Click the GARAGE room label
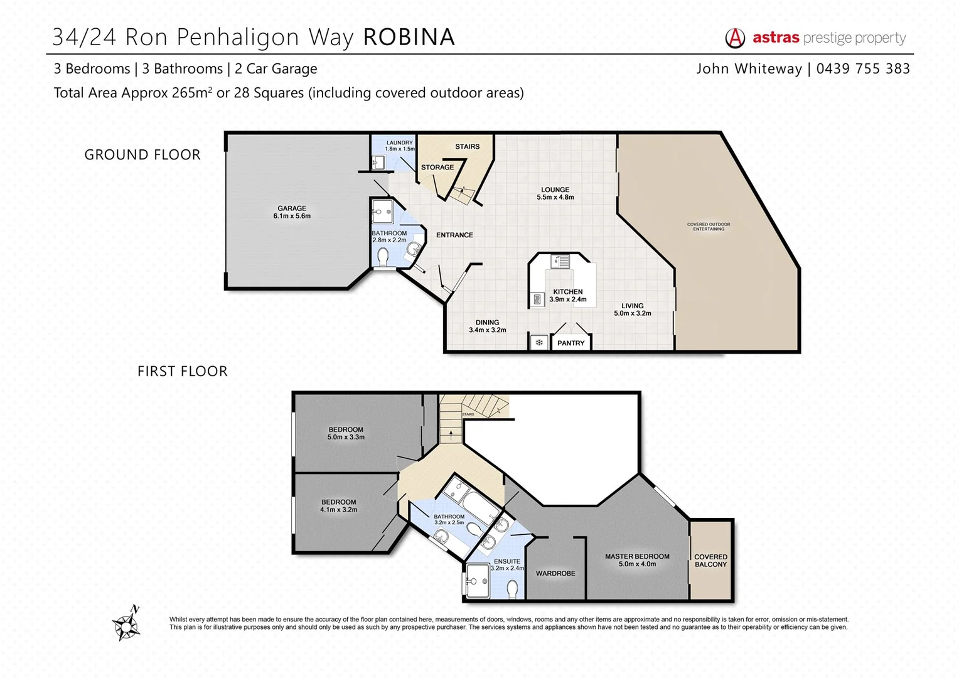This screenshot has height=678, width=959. click(x=292, y=212)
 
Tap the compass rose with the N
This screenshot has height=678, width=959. click(x=127, y=624)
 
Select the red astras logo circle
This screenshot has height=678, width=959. click(x=735, y=38)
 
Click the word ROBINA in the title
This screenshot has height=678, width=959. click(x=409, y=38)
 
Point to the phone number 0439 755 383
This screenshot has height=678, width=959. click(x=863, y=69)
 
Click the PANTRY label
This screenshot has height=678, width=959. click(x=571, y=343)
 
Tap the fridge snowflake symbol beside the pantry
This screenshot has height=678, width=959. click(x=538, y=343)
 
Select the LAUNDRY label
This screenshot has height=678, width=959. click(x=400, y=146)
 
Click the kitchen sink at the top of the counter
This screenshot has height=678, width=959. click(x=560, y=261)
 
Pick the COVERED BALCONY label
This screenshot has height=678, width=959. click(x=710, y=561)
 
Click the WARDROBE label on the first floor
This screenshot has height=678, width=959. click(x=555, y=573)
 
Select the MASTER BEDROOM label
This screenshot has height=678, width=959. click(x=637, y=560)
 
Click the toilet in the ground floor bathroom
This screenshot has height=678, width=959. click(x=383, y=257)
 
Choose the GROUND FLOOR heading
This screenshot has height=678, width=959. click(x=142, y=154)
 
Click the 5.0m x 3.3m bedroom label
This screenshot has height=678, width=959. click(x=346, y=433)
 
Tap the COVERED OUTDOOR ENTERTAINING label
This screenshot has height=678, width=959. click(x=709, y=227)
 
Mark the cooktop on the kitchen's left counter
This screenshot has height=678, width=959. click(x=538, y=299)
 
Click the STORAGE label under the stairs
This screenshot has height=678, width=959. click(x=437, y=167)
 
